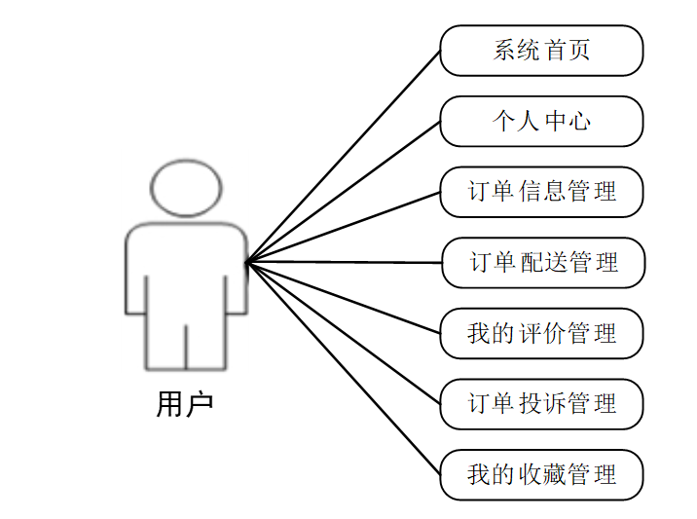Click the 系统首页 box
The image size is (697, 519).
pos(541,51)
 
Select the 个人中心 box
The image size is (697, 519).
pos(541,121)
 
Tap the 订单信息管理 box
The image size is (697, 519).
pos(541,192)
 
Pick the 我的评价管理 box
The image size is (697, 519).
pos(541,334)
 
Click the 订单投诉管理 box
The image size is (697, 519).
pos(541,404)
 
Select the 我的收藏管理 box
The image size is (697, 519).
pos(541,475)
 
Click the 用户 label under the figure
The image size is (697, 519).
pos(184,403)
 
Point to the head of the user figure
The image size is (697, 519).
pos(186,188)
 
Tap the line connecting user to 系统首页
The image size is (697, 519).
pos(343,156)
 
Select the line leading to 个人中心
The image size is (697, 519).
pos(343,192)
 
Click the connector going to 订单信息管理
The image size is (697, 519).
pos(343,227)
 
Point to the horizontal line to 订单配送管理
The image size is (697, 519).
pos(343,262)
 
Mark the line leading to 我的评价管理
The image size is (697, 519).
pos(343,297)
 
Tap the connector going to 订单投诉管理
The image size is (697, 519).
pos(343,332)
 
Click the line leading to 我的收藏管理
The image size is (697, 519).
pos(343,368)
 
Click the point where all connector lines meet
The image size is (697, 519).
pos(246,262)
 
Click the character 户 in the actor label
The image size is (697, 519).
pos(198,403)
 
